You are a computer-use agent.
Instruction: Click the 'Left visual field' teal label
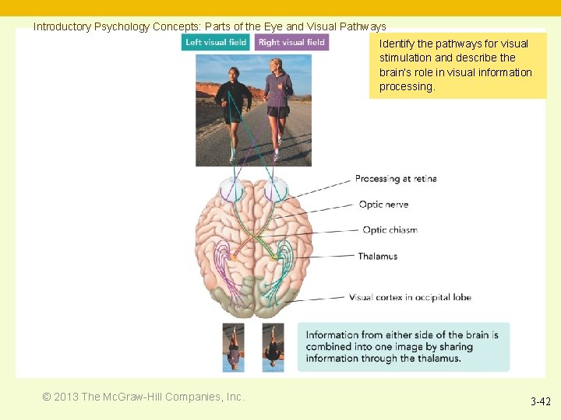coord(216,42)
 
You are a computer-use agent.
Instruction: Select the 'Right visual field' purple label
coord(291,42)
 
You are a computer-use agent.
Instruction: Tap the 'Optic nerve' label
coord(383,205)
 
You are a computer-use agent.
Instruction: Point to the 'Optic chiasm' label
coord(390,230)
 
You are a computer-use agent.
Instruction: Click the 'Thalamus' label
coord(377,256)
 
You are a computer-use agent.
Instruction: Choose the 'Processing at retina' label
coord(395,179)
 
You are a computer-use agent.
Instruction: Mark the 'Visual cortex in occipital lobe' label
coord(410,297)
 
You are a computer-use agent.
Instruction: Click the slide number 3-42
coord(540,402)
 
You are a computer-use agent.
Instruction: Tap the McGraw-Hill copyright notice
coord(143,397)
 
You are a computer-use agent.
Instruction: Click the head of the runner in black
coord(233,72)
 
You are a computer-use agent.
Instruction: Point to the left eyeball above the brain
coord(231,189)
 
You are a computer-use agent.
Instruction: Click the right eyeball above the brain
coord(274,189)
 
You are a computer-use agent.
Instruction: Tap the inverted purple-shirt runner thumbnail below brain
coord(233,347)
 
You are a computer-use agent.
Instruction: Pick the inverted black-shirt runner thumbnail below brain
coord(273,347)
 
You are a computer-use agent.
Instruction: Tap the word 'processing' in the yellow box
coord(406,86)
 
